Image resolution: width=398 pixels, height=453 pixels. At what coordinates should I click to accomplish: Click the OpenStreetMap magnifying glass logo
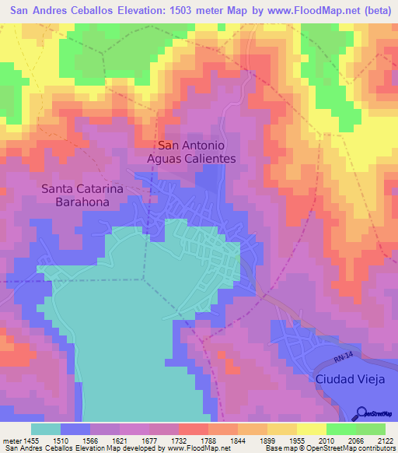[x=361, y=414]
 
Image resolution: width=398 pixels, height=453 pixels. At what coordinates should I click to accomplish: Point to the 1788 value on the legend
[x=208, y=439]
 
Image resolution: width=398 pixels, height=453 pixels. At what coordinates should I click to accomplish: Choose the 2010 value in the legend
[x=326, y=439]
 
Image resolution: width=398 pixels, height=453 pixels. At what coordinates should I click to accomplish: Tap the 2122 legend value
[x=384, y=439]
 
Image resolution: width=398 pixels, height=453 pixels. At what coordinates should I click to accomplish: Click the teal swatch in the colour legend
[x=46, y=429]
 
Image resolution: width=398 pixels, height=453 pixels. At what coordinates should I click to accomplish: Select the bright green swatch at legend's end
[x=370, y=429]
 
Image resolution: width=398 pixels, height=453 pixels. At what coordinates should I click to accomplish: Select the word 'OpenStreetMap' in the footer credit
[x=337, y=448]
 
